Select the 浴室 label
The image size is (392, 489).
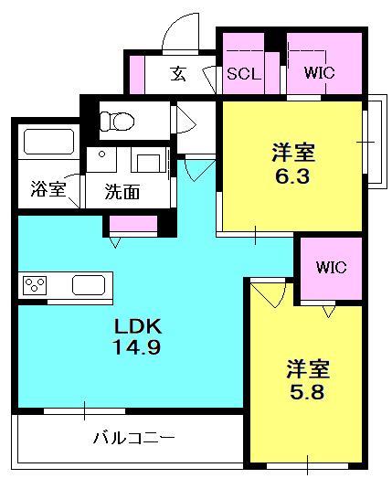click(x=48, y=190)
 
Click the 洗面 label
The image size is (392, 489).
click(x=121, y=192)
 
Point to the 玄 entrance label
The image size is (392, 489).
click(x=179, y=74)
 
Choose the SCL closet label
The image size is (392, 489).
click(x=244, y=74)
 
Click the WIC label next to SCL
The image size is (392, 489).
click(x=319, y=74)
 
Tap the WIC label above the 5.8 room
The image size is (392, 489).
click(x=331, y=268)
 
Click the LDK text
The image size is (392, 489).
click(x=137, y=325)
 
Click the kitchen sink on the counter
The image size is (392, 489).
click(x=90, y=284)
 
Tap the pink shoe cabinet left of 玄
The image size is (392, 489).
click(x=137, y=74)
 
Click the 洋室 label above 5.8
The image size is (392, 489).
click(x=307, y=369)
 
